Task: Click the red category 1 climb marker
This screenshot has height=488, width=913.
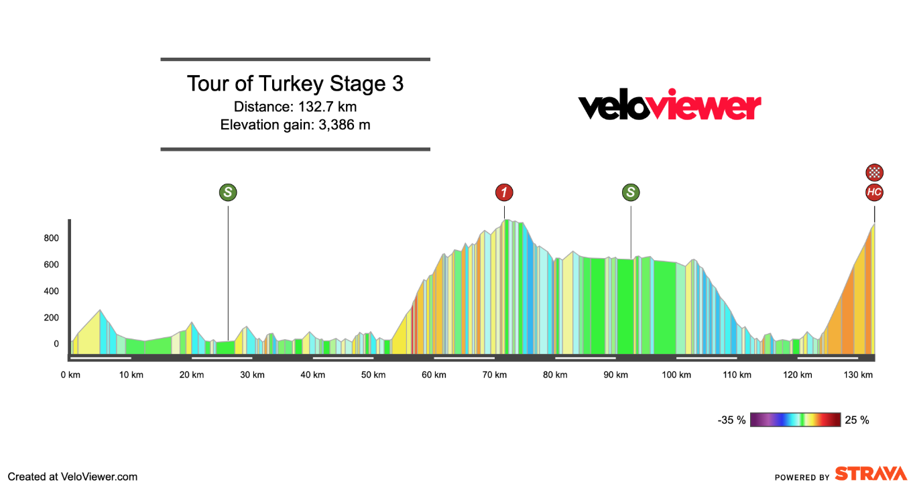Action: pyautogui.click(x=504, y=193)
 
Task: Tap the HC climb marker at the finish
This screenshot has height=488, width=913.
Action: pyautogui.click(x=874, y=193)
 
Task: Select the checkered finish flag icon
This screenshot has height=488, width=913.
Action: pyautogui.click(x=874, y=172)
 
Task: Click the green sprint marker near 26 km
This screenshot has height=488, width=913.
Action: pyautogui.click(x=228, y=193)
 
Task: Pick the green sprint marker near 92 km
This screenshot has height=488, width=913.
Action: pyautogui.click(x=631, y=193)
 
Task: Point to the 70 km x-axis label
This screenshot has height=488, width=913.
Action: pyautogui.click(x=495, y=375)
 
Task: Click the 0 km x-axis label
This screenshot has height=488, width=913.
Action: pyautogui.click(x=70, y=375)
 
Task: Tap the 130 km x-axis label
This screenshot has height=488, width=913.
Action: pyautogui.click(x=858, y=375)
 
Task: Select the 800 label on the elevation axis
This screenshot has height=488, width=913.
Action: pyautogui.click(x=52, y=238)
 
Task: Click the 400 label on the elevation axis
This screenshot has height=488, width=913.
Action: pyautogui.click(x=52, y=291)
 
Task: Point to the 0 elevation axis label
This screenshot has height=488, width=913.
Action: pyautogui.click(x=56, y=344)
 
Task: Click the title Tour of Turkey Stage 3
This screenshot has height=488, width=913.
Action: pyautogui.click(x=295, y=84)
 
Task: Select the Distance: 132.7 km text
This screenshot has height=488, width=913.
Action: pyautogui.click(x=295, y=107)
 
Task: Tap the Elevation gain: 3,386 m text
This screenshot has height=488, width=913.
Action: pyautogui.click(x=295, y=124)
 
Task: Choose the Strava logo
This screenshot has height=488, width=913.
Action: pyautogui.click(x=870, y=474)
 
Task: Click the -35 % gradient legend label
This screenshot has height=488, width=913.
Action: pyautogui.click(x=731, y=420)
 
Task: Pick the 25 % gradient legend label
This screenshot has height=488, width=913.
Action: pyautogui.click(x=857, y=420)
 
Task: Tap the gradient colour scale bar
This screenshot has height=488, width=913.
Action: pyautogui.click(x=795, y=420)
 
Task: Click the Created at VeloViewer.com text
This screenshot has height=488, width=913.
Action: pyautogui.click(x=72, y=477)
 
